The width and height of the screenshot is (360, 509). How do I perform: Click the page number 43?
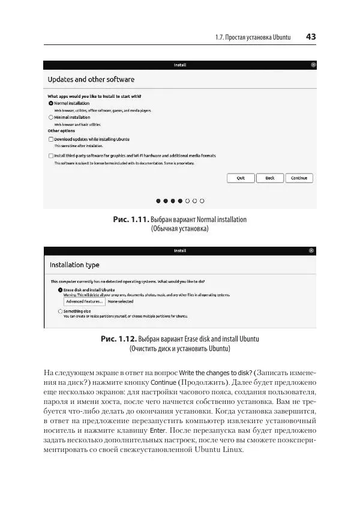coord(311,37)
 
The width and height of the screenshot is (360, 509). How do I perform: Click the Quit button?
coord(241,178)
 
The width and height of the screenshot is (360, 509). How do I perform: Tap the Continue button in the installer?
coord(299,178)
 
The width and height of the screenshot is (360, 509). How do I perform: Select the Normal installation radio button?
coord(51,103)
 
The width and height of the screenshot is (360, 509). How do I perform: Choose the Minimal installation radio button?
coord(51,118)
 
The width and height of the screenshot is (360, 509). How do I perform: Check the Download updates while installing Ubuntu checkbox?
coord(51,139)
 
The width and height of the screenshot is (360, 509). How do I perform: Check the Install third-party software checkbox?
coord(51,155)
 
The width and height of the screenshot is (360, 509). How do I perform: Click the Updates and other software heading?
coord(91,79)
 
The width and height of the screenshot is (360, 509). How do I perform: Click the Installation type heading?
coord(74,265)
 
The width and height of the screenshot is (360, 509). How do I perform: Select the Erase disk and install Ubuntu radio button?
coord(60,290)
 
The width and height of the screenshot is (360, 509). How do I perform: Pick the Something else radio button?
coord(60,311)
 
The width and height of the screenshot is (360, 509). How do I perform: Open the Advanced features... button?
coord(84,301)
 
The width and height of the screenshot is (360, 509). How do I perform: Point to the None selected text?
coord(121,301)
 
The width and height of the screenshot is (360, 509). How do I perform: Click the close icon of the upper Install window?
coord(313,65)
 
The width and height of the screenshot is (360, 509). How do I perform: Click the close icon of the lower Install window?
coord(311,250)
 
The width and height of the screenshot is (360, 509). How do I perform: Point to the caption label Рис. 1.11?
coord(130,220)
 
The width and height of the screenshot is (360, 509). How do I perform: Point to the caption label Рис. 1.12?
coord(119,339)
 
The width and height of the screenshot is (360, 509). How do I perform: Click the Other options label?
coord(61,131)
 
